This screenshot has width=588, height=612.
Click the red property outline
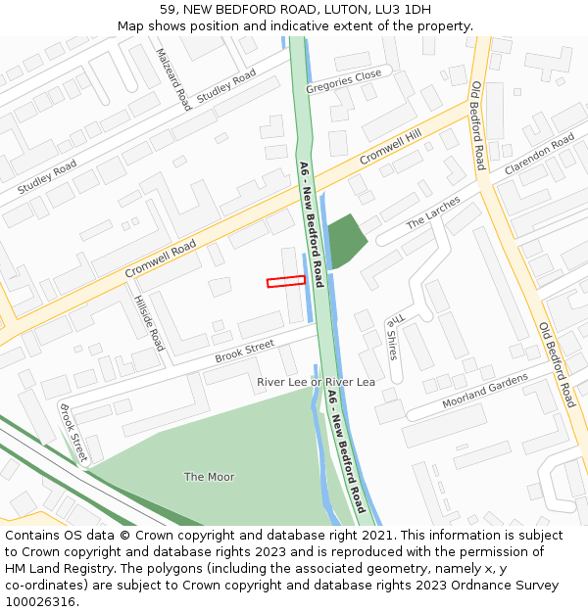click(286, 281)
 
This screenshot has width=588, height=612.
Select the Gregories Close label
click(343, 81)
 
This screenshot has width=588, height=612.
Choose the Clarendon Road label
click(539, 155)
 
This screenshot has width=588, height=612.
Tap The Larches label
click(433, 215)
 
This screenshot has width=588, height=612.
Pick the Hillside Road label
click(149, 323)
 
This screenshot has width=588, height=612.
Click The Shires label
click(393, 336)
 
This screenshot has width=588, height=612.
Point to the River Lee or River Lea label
click(316, 382)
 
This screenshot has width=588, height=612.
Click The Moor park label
click(209, 477)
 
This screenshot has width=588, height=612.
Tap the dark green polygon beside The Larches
click(346, 240)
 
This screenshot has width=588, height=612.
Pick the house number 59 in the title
click(167, 10)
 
